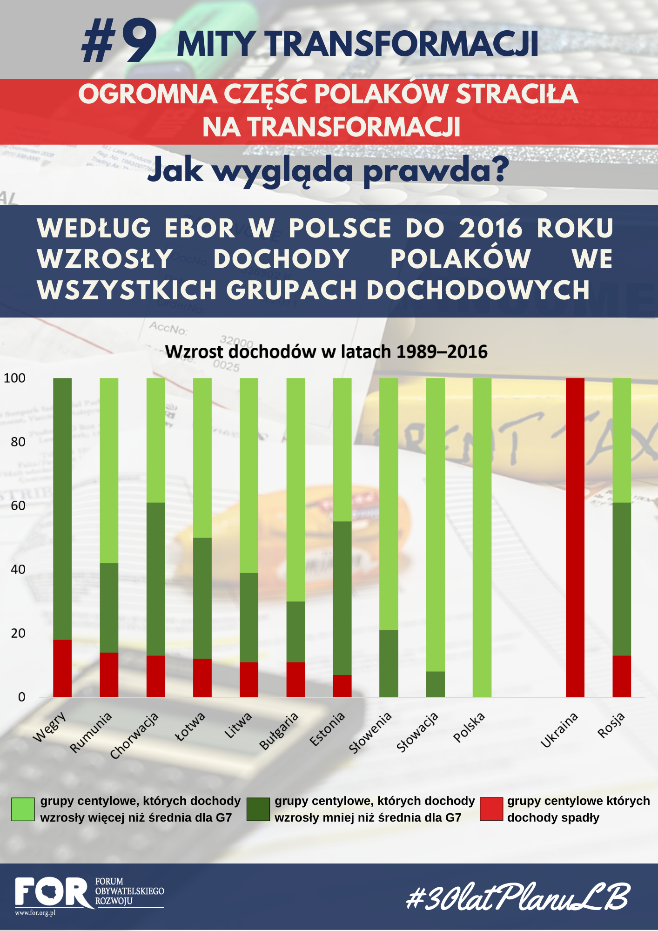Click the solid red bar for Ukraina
575,537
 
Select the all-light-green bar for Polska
482,537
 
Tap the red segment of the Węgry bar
62,668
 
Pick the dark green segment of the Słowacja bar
435,684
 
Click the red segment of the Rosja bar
622,676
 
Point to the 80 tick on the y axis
18,442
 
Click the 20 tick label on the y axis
18,633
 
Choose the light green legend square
23,809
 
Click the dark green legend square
258,809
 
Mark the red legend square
491,809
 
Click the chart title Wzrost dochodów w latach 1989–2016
326,352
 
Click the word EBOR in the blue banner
200,228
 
